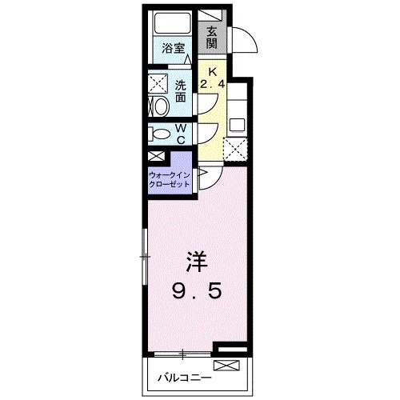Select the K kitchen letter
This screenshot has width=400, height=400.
212,70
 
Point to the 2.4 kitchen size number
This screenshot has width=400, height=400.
212,83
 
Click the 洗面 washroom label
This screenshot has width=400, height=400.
181,91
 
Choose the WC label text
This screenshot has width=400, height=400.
181,134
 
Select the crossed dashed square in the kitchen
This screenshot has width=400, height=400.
236,150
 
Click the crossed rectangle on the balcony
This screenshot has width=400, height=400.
227,366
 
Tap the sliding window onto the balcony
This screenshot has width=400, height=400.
181,353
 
